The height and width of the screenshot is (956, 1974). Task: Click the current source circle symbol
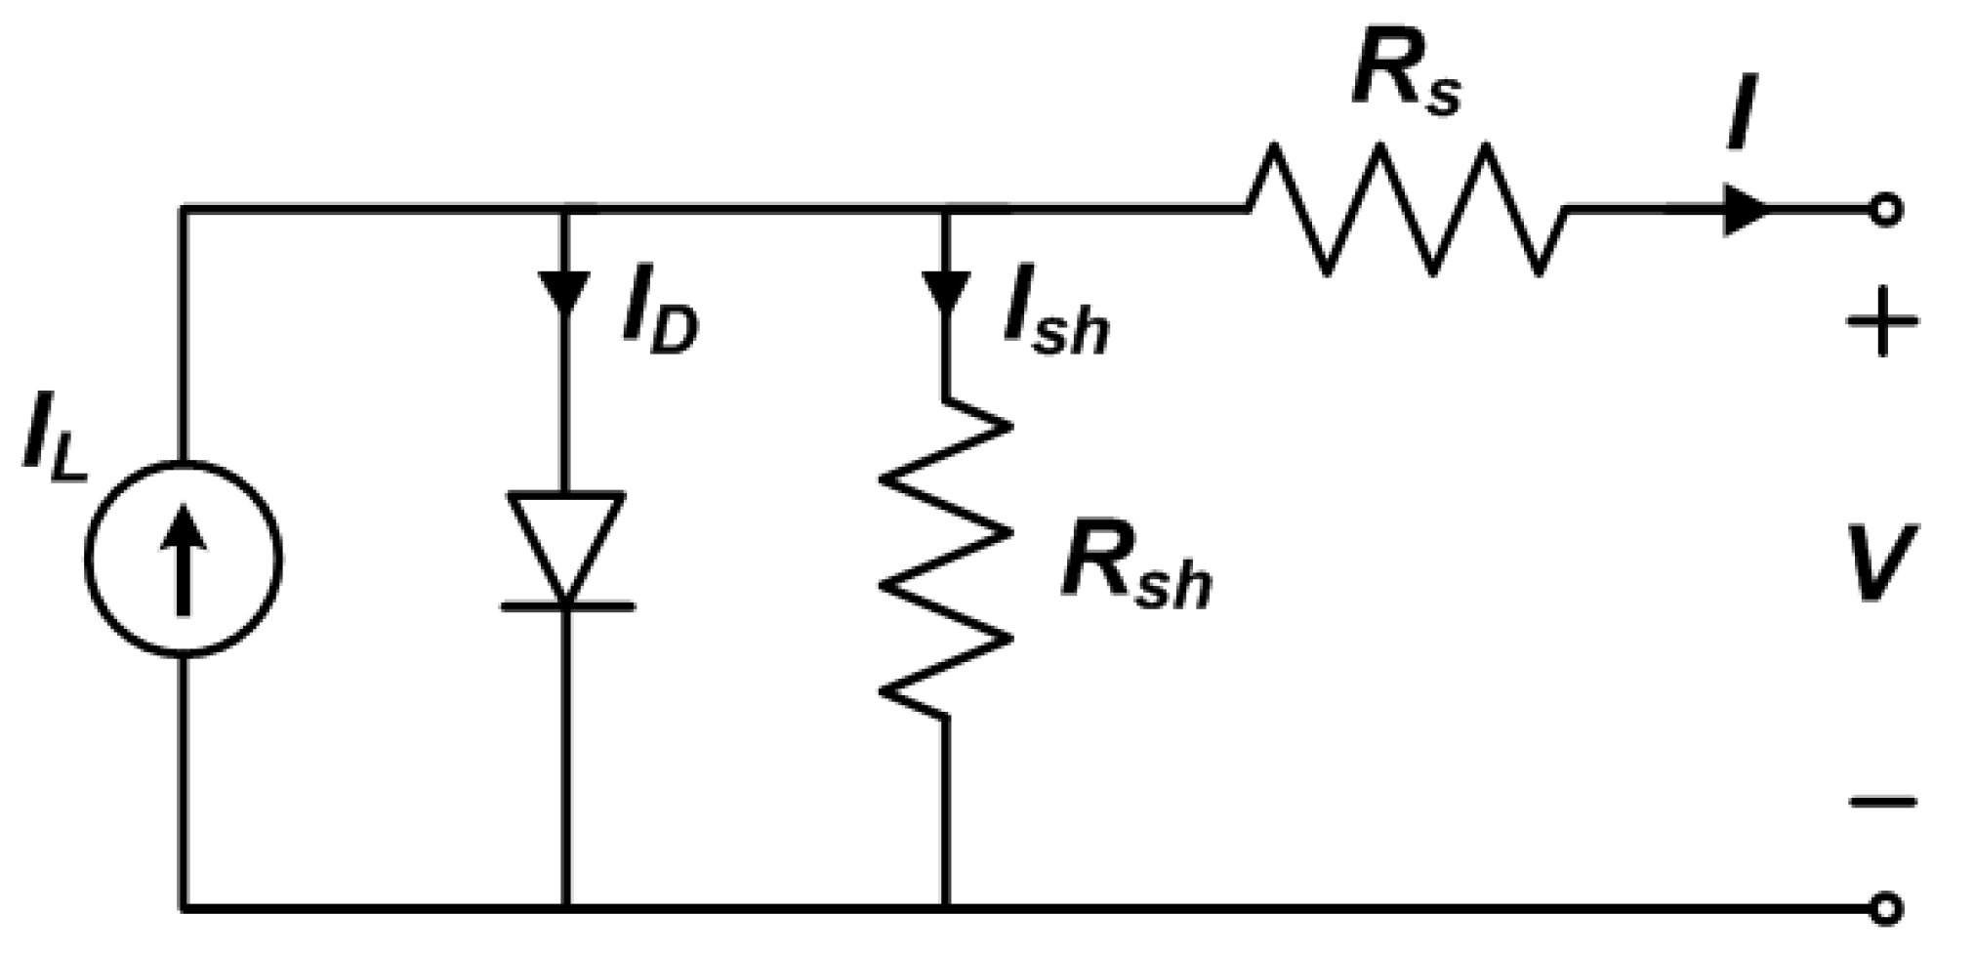(183, 559)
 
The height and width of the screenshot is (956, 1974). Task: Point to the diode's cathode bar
(567, 606)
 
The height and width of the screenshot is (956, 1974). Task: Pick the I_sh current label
(1055, 321)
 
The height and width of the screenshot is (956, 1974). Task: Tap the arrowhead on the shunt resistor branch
(944, 292)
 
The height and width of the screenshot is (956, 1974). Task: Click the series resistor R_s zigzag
(1406, 208)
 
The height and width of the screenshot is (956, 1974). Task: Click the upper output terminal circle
(1886, 209)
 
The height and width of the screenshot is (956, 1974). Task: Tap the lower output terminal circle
(1886, 909)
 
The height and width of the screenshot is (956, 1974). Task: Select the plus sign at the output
(1882, 321)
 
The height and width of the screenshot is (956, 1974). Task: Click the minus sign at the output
(1882, 802)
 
